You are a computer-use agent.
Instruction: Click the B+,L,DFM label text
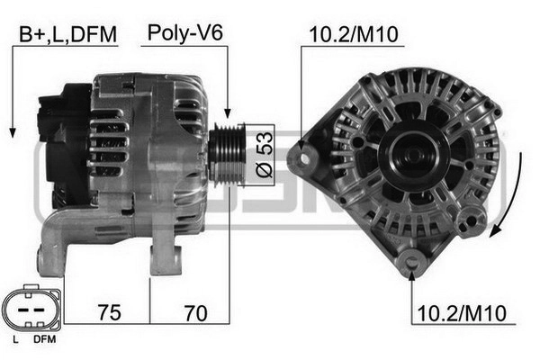coord(67,34)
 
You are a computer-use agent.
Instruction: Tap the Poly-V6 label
coord(184,33)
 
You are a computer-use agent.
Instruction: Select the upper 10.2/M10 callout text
coord(354,34)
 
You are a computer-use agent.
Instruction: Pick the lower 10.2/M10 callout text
coord(462,313)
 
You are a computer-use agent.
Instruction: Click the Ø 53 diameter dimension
coord(265,155)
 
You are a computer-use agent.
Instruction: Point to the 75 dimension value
coord(109,312)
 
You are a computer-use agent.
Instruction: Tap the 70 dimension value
coord(195,313)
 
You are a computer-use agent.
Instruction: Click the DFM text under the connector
coord(44,339)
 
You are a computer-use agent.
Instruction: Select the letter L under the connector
coord(15,339)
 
